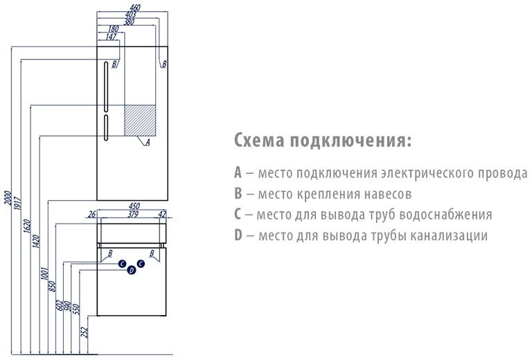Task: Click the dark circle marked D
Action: pyautogui.click(x=131, y=271)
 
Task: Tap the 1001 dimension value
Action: pyautogui.click(x=44, y=277)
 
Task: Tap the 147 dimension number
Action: pyautogui.click(x=112, y=35)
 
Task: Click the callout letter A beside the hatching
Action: pyautogui.click(x=148, y=143)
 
